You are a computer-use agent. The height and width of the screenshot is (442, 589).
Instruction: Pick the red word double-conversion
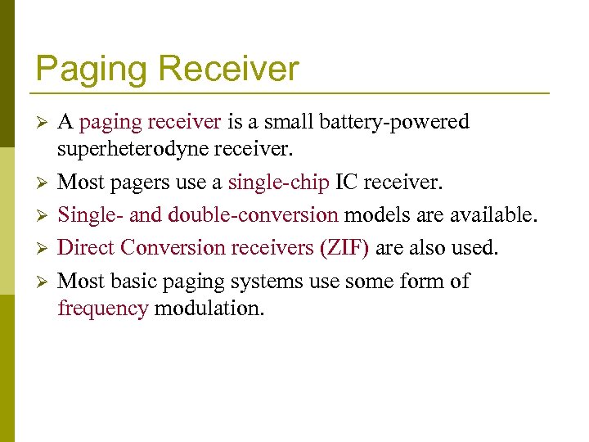tap(253, 215)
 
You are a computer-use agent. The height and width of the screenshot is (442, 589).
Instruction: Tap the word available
tap(488, 215)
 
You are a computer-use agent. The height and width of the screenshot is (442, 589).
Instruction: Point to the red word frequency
tap(103, 309)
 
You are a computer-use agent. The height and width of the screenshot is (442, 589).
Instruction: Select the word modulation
tap(209, 309)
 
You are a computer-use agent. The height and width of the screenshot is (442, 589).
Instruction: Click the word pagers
tap(141, 181)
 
